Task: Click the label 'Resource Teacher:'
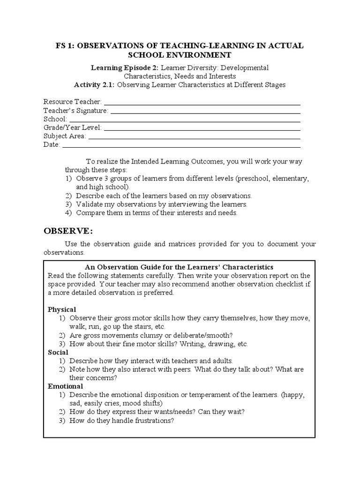point(72,102)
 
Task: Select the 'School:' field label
point(55,119)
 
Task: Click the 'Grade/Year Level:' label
point(72,127)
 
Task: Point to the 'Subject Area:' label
point(65,136)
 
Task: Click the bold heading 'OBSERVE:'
point(68,232)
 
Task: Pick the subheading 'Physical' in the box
point(62,310)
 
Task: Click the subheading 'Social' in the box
point(58,352)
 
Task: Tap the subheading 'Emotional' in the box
point(65,386)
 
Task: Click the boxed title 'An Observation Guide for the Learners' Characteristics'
point(180,267)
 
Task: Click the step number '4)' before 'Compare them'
point(68,212)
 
